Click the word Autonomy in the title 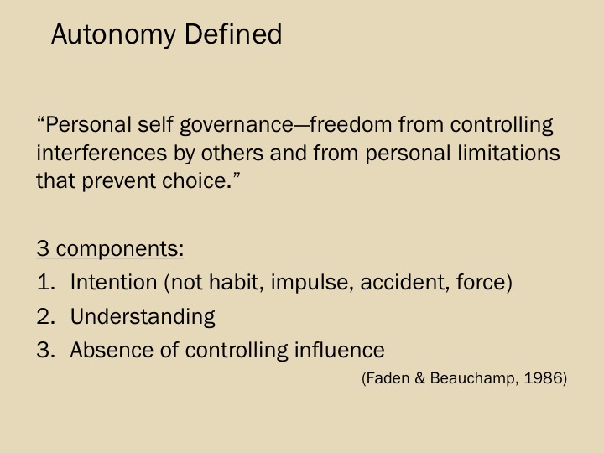pos(113,35)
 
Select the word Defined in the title pos(233,34)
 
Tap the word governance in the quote pos(237,126)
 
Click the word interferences pos(102,153)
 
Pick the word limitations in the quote pos(508,153)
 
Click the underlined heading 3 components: pos(110,248)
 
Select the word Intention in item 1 pos(113,282)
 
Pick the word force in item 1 pos(481,282)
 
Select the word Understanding pos(143,317)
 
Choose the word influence pos(340,350)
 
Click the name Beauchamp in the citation pos(471,378)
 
